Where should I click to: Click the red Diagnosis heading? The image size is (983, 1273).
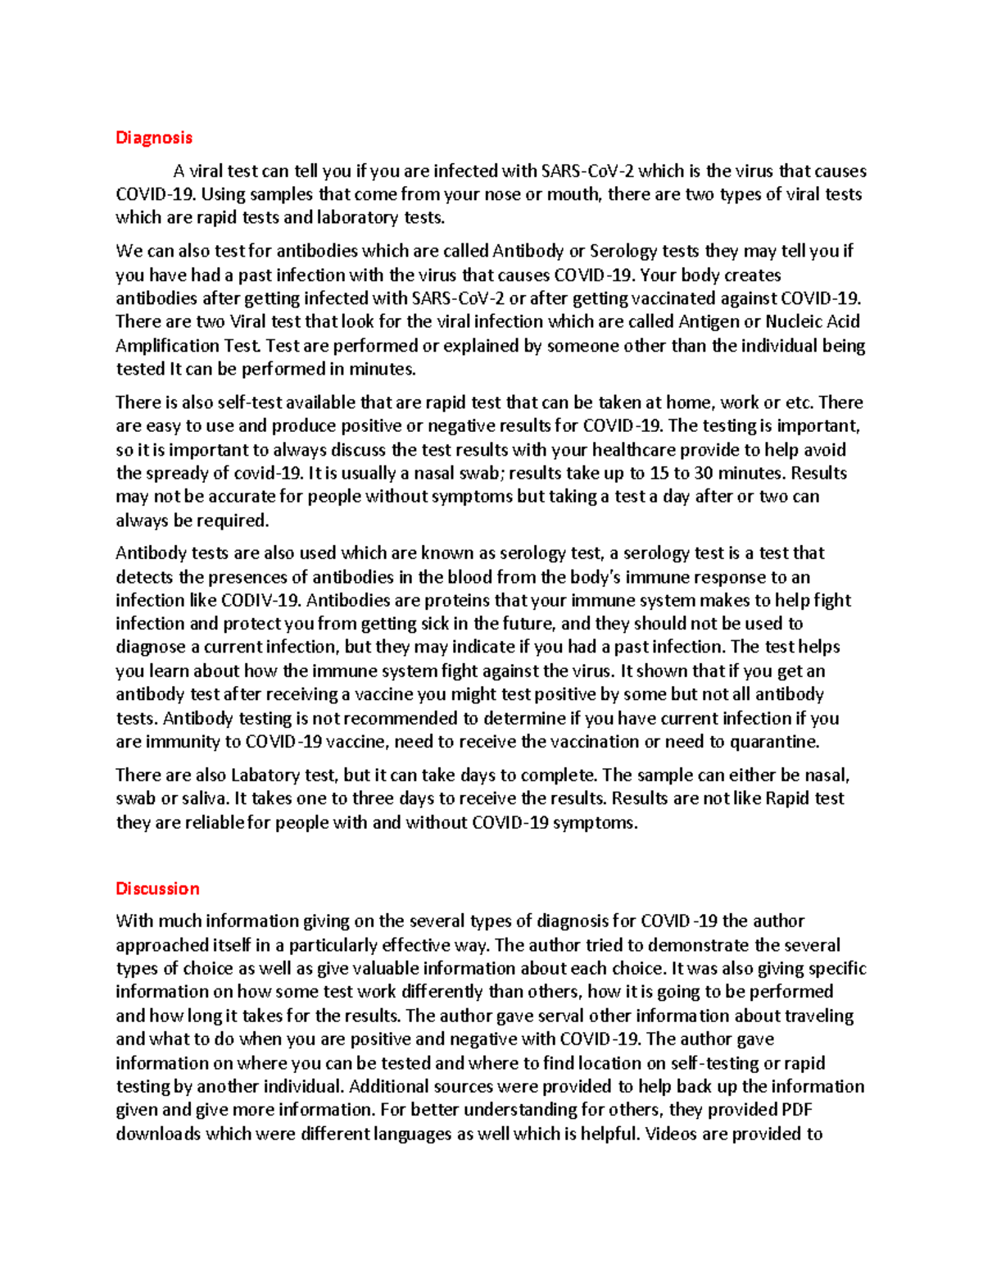(153, 138)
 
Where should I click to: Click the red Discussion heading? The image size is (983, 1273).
(157, 889)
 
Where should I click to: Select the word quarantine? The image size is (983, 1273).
(773, 742)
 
